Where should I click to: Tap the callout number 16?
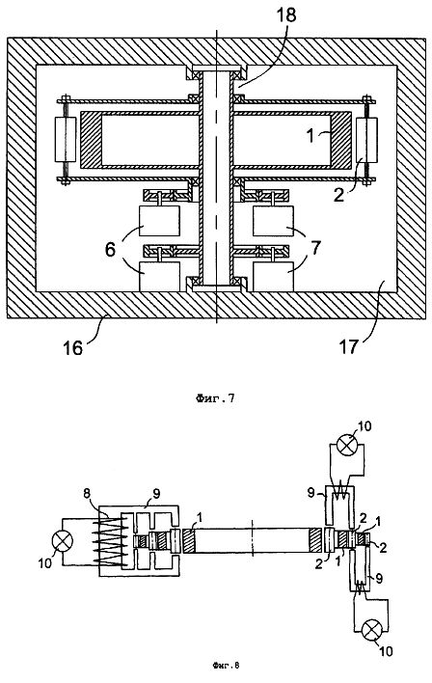point(72,347)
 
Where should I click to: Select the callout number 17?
point(348,347)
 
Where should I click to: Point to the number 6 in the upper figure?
point(110,250)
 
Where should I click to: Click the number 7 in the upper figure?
point(315,249)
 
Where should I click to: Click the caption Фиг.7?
point(216,397)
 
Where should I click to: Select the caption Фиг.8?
point(227,665)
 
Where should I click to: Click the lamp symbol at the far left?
point(63,541)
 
